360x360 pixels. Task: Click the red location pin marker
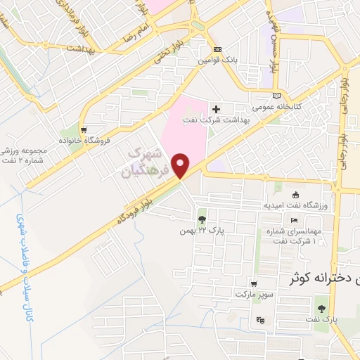coord(181,166)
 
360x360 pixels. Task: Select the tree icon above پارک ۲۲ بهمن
coord(202,219)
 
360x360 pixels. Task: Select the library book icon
coord(277,95)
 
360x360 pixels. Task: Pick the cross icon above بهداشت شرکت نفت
coord(216,109)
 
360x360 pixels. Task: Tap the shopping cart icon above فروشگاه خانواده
coord(84,129)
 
